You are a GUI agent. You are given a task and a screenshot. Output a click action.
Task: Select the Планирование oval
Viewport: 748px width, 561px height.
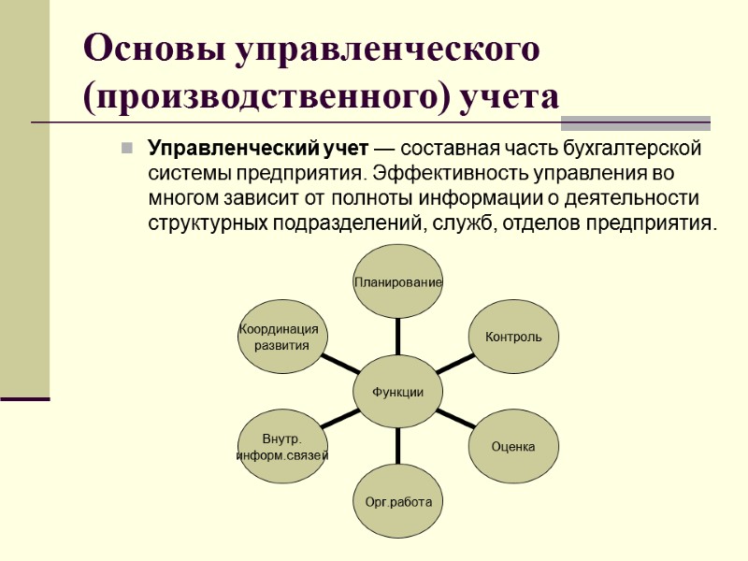(398, 281)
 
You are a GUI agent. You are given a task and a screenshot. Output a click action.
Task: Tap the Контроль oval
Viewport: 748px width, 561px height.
(513, 337)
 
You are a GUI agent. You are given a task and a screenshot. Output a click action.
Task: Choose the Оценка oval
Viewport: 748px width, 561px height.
(513, 447)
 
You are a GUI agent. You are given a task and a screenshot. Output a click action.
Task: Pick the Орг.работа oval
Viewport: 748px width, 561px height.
(398, 502)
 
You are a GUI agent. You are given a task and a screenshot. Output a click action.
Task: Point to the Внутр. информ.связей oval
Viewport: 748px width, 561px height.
(282, 447)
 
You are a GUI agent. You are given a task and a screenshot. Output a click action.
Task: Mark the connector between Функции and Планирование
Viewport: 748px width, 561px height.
(398, 337)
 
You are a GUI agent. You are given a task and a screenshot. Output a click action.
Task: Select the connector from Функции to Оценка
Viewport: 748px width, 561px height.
(455, 419)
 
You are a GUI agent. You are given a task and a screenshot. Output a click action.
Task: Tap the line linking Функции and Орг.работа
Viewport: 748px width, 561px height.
(398, 448)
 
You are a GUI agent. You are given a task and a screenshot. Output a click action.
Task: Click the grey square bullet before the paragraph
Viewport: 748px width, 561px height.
(124, 149)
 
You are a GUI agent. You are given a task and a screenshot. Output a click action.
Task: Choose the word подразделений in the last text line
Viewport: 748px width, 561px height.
(352, 223)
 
